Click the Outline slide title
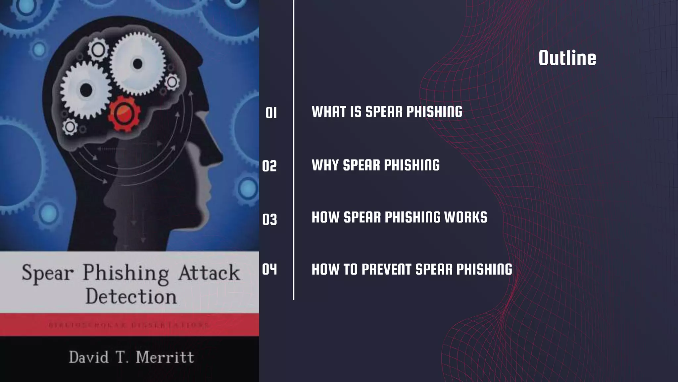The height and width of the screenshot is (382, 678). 567,58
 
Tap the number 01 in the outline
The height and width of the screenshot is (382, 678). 271,113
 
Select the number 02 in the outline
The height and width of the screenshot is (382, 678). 269,166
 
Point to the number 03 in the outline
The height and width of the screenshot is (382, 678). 269,220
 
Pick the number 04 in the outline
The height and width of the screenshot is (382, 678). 269,269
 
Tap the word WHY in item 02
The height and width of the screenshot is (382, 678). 325,165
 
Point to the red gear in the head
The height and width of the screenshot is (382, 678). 124,113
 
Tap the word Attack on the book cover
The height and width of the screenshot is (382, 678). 209,273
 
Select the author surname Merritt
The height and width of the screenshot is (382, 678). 165,357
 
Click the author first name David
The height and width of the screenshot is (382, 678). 89,357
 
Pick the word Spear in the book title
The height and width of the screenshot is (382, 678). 48,274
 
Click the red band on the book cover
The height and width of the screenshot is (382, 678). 129,325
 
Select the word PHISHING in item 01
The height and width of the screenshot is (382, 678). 434,112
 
